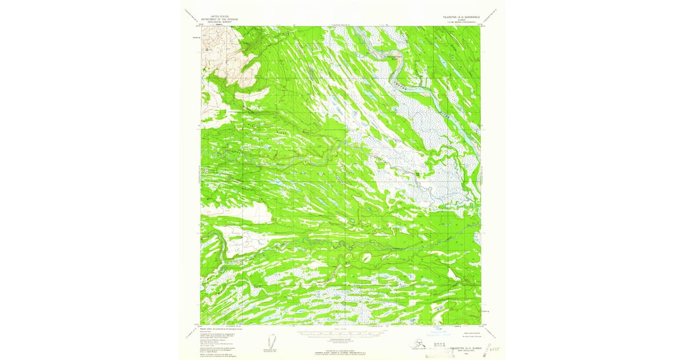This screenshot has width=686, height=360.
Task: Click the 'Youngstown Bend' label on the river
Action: [x=380, y=57]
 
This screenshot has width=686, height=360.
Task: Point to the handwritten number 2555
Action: [x=488, y=347]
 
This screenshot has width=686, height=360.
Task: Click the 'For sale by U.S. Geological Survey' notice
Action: [x=344, y=349]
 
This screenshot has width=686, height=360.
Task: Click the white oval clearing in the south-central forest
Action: [x=366, y=258]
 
